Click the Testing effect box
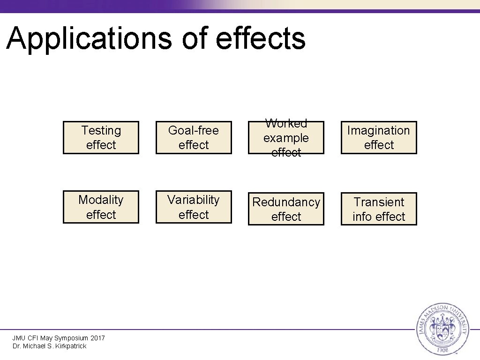[101, 137]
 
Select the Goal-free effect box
[194, 137]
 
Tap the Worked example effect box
[286, 137]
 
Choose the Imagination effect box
[378, 137]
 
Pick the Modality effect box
[101, 207]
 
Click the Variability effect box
[194, 207]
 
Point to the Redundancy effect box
[286, 209]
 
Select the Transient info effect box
[378, 209]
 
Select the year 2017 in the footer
[97, 338]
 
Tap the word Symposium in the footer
[71, 338]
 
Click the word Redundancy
[286, 202]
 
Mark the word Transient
[378, 202]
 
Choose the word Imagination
[378, 130]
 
